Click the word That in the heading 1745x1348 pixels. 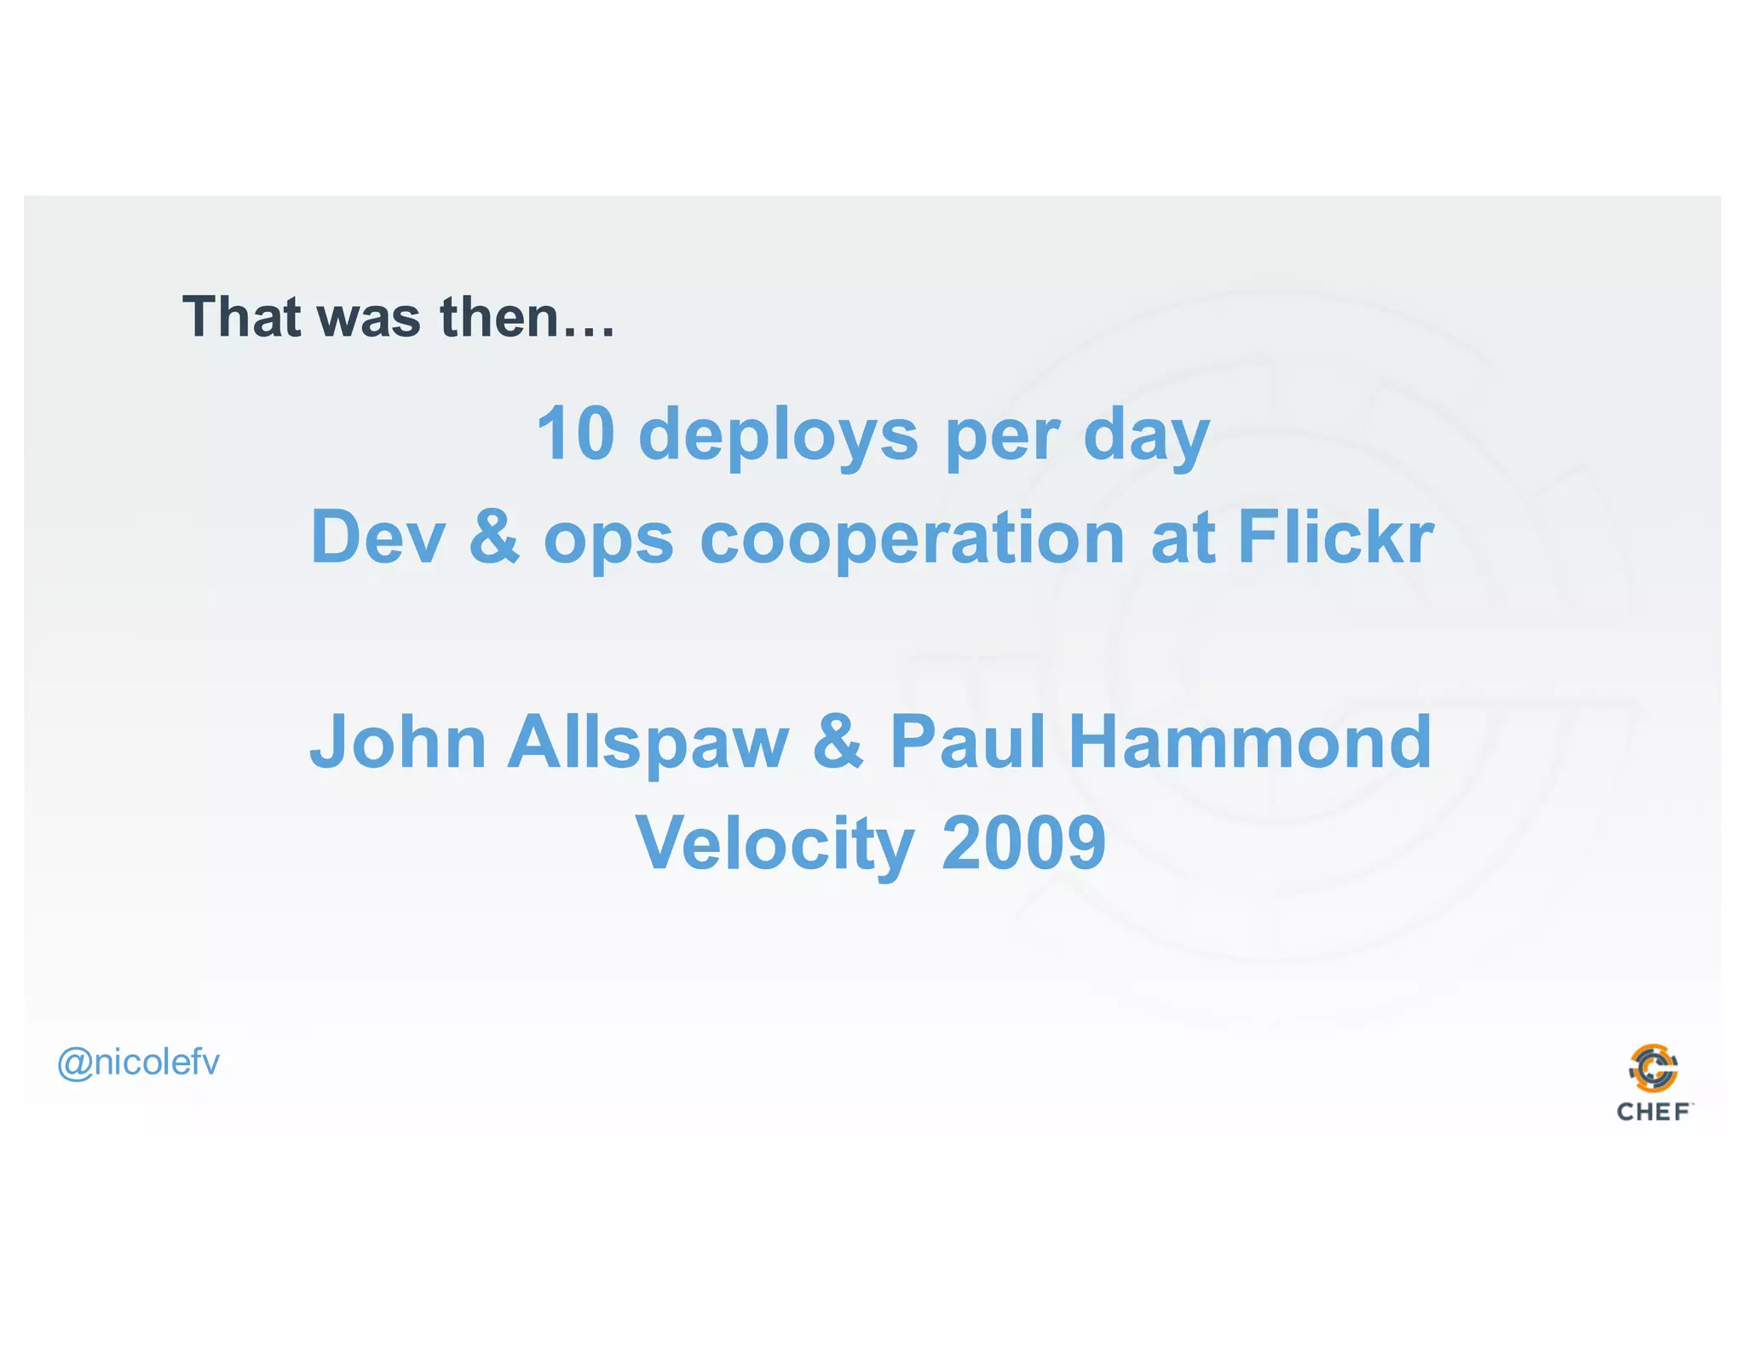(241, 317)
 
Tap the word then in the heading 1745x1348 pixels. (498, 317)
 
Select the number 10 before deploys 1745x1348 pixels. (575, 434)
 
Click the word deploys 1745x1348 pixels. (778, 436)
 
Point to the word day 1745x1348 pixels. (1146, 436)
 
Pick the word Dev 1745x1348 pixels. (377, 537)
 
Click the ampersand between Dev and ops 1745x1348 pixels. (494, 537)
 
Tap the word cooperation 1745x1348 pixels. (913, 539)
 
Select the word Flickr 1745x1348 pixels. (1335, 537)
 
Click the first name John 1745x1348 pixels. (397, 742)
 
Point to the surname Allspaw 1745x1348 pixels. (648, 744)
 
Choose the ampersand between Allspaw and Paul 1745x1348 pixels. (838, 742)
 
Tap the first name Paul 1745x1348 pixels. (967, 742)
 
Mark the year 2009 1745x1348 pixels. (1023, 844)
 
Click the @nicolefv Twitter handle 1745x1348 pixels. (138, 1063)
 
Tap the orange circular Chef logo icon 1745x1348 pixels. (1653, 1069)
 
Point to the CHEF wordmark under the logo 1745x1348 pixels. (1653, 1112)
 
